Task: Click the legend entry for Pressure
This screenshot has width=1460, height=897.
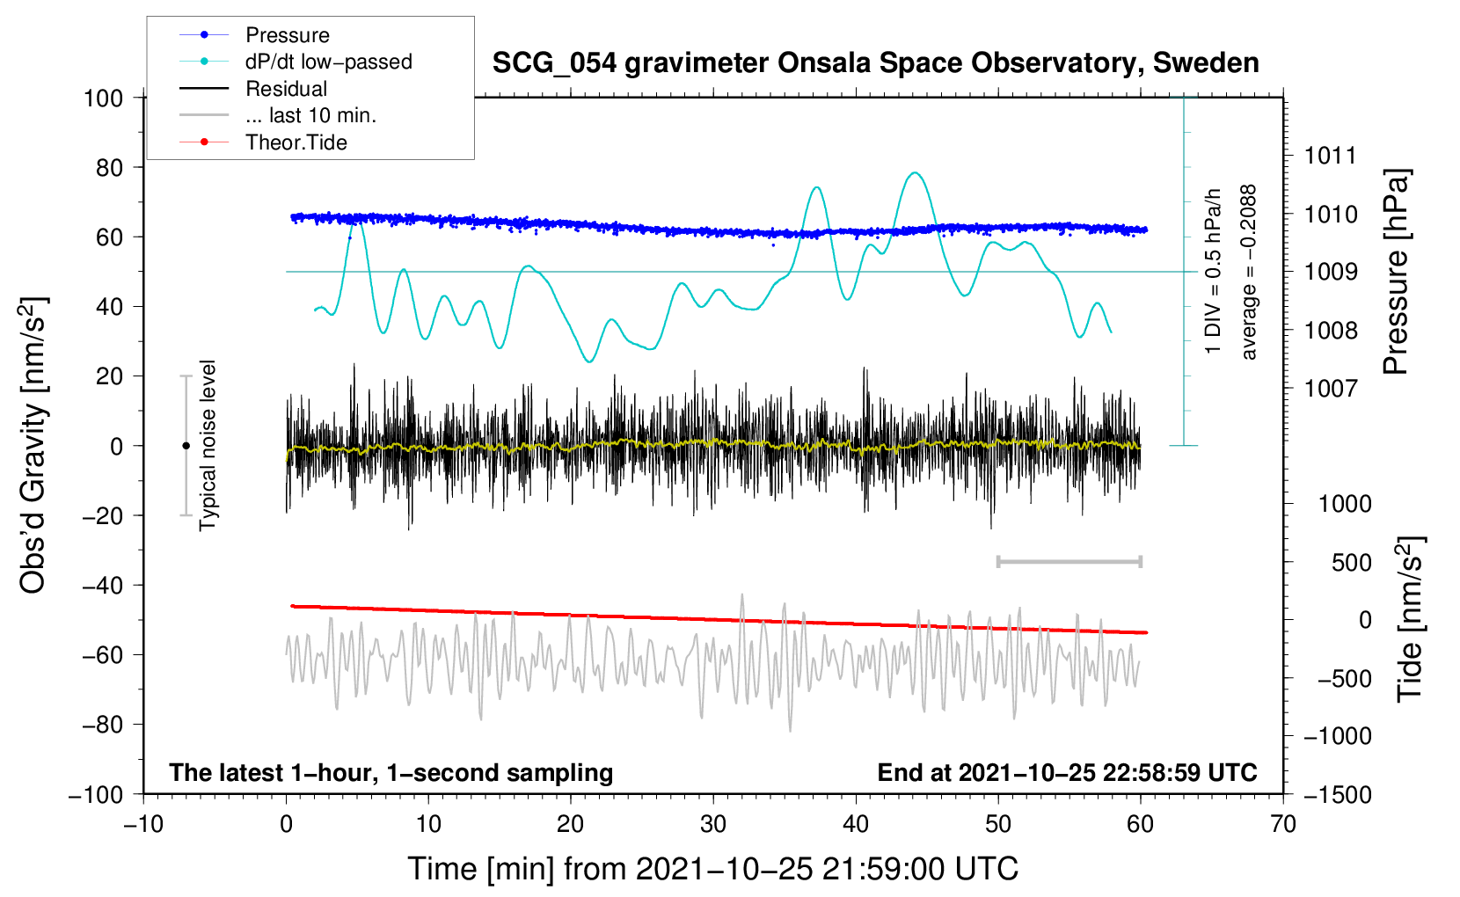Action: (x=255, y=34)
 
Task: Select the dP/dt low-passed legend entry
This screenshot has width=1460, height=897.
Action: (x=296, y=62)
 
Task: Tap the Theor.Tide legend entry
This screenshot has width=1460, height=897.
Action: (x=263, y=142)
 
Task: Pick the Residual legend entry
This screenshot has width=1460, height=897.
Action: (x=253, y=89)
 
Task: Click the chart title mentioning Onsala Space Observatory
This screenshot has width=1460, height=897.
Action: (x=875, y=62)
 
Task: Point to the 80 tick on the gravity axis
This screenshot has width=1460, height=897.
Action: (x=109, y=168)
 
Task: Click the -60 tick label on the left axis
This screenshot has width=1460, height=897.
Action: (x=102, y=654)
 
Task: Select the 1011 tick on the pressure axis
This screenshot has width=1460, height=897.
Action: (x=1331, y=156)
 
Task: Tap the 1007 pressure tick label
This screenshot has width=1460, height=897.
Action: (x=1331, y=389)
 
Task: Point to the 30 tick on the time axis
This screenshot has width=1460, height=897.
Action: (x=713, y=824)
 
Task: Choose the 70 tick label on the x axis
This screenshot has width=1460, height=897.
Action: (x=1282, y=824)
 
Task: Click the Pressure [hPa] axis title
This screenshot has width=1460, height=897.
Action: (x=1396, y=272)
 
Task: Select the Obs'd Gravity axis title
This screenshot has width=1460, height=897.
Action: (x=33, y=446)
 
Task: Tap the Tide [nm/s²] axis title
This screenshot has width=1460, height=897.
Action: (x=1411, y=619)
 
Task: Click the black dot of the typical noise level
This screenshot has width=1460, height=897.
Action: (x=186, y=446)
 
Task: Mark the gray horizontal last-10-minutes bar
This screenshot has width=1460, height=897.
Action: (x=1069, y=561)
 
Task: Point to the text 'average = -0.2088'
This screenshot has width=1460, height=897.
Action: (x=1248, y=272)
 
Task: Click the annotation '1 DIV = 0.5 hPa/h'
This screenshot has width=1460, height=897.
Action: (x=1212, y=272)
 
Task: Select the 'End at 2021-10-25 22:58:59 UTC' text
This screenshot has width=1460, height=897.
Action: (x=1067, y=772)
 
